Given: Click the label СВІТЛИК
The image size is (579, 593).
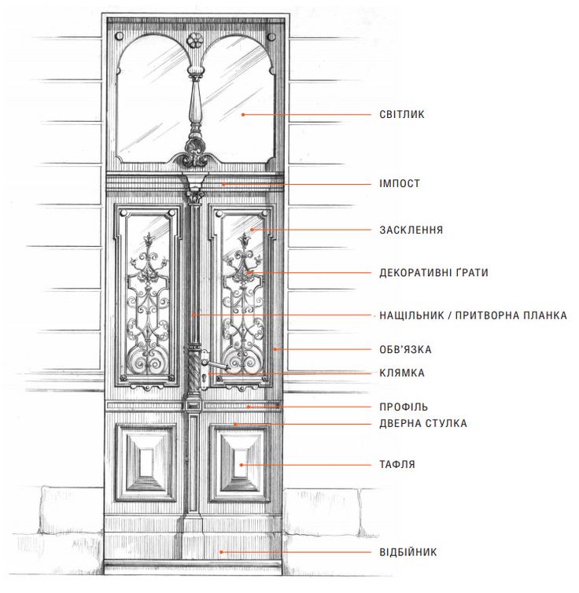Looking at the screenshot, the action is [402, 114].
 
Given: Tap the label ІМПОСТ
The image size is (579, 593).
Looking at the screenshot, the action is [400, 184].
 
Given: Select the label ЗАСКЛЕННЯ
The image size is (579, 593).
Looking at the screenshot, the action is [411, 230].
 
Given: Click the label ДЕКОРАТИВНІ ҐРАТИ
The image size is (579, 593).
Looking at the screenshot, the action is [433, 273].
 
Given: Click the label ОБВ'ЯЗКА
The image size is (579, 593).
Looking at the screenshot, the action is [405, 349].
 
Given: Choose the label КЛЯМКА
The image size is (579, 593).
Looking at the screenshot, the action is [402, 374].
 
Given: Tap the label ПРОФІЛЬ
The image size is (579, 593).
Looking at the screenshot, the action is [404, 407].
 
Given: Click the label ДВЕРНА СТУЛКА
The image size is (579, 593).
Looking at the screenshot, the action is [423, 424].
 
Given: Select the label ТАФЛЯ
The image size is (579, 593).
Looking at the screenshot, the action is [397, 465].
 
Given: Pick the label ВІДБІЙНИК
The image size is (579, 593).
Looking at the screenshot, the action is [408, 552].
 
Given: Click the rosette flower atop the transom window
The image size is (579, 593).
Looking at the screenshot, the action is [195, 39].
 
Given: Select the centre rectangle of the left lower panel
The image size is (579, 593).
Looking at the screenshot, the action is [146, 462].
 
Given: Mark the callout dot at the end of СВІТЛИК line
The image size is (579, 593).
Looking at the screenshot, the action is [243, 115].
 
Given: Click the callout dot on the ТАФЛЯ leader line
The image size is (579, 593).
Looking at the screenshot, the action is [241, 465].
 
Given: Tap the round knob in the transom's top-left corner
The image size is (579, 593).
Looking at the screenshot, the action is [119, 37].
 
